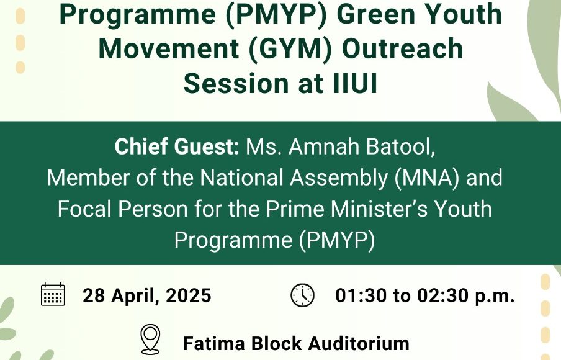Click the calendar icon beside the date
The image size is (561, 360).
tap(53, 294)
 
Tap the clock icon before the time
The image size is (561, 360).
tap(302, 295)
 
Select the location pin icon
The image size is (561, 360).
tap(150, 340)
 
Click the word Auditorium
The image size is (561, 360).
tap(359, 343)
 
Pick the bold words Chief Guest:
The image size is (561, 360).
tap(177, 146)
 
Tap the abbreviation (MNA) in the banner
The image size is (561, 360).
tap(426, 178)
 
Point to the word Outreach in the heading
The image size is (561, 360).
tap(403, 48)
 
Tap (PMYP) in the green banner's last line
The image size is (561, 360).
tap(337, 240)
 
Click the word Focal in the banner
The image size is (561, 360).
tap(85, 209)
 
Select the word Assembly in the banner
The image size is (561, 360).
tap(338, 178)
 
